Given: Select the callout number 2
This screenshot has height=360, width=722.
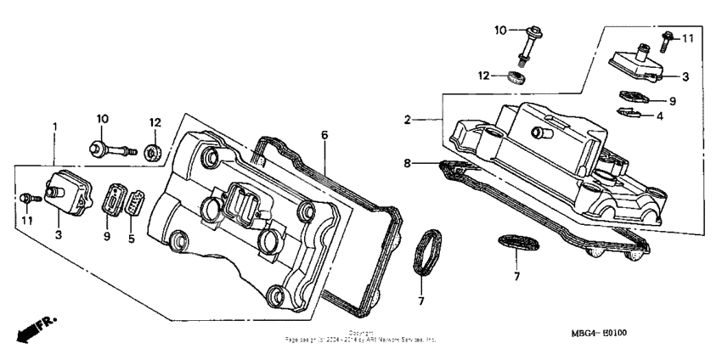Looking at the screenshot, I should (408, 121).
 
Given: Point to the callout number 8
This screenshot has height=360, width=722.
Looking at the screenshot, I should (408, 161).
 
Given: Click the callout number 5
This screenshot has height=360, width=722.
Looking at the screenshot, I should (132, 237).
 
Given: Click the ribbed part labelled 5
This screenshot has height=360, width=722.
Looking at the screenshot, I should (135, 203).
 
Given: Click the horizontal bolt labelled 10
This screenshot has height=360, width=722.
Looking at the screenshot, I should (111, 152).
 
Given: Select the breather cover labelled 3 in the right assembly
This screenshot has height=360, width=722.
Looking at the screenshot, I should (636, 62).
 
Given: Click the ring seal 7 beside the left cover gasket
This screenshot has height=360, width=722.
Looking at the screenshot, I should (425, 251).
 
